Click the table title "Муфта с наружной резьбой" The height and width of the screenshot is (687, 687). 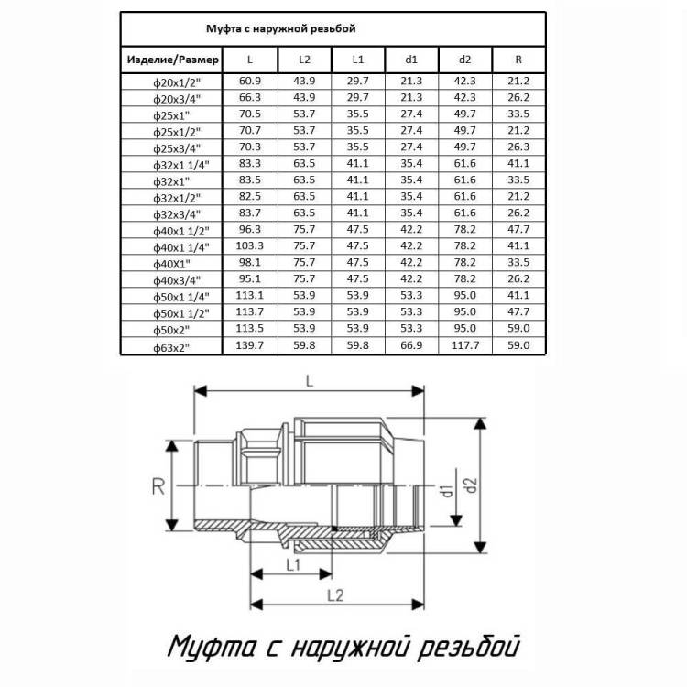(x=281, y=29)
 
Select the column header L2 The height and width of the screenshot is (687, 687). (x=304, y=60)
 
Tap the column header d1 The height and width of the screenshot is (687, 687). (x=411, y=60)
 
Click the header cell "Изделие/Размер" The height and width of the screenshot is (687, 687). (x=172, y=60)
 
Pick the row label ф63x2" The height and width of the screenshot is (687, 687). (x=171, y=348)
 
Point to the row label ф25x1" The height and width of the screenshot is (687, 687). (x=171, y=116)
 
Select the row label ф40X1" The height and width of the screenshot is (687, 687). (x=172, y=264)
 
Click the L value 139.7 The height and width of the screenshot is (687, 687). (x=250, y=345)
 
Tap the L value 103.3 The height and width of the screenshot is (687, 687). (x=250, y=245)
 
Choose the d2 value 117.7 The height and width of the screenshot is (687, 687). (x=464, y=345)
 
